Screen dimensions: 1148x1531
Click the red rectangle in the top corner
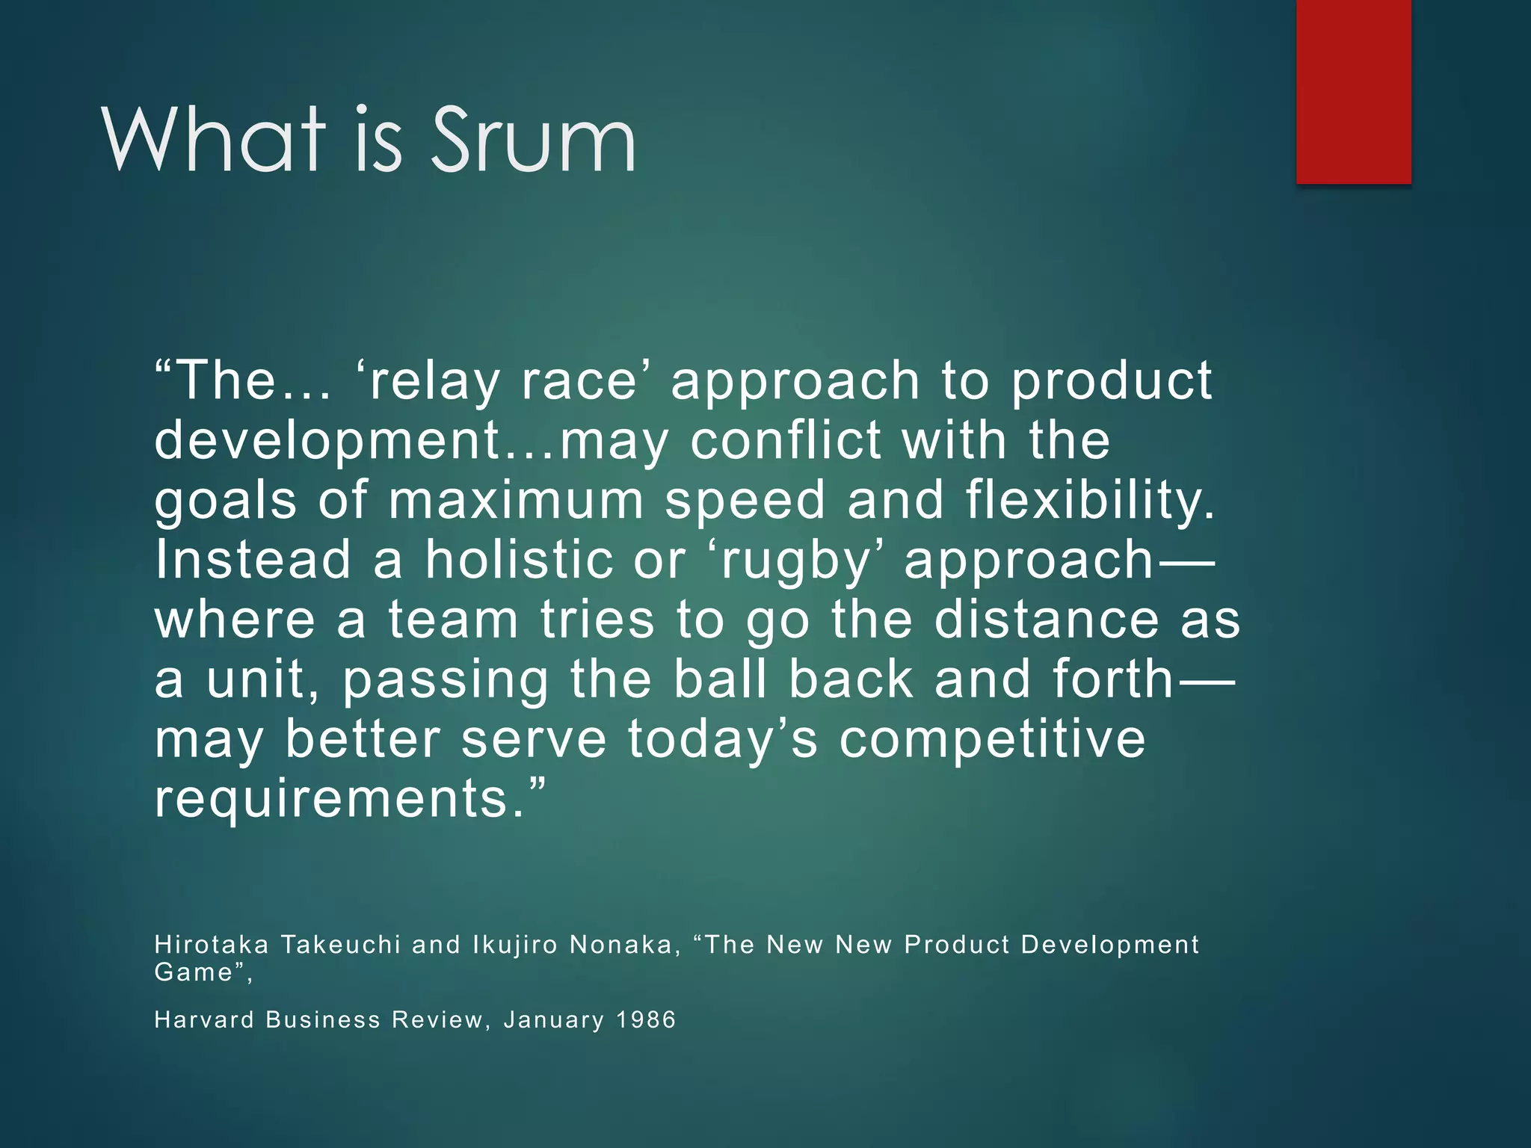pyautogui.click(x=1353, y=91)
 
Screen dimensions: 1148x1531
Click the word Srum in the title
pyautogui.click(x=533, y=140)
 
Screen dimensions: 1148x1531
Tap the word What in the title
pyautogui.click(x=214, y=140)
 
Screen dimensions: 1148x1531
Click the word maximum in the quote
pyautogui.click(x=516, y=501)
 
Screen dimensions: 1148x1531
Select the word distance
pyautogui.click(x=1047, y=620)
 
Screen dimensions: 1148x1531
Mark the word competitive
pyautogui.click(x=992, y=741)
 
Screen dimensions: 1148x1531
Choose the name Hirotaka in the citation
pyautogui.click(x=212, y=945)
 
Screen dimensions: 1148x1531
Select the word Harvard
pyautogui.click(x=204, y=1019)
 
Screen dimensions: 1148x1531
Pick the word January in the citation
pyautogui.click(x=553, y=1021)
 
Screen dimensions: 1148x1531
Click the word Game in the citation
pyautogui.click(x=194, y=972)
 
